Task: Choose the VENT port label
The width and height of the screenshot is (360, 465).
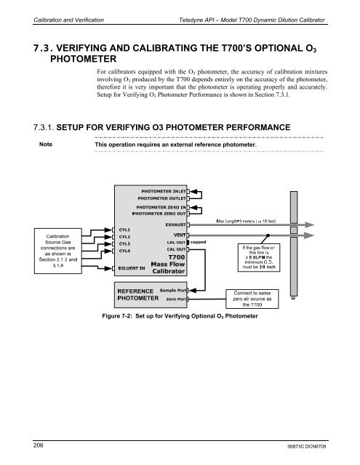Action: tap(179, 235)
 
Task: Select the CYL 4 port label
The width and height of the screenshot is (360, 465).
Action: tap(125, 251)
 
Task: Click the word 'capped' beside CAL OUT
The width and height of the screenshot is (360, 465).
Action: tap(199, 242)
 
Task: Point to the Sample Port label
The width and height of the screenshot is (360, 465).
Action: tap(171, 290)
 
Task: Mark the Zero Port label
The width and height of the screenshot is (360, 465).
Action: tap(173, 299)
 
